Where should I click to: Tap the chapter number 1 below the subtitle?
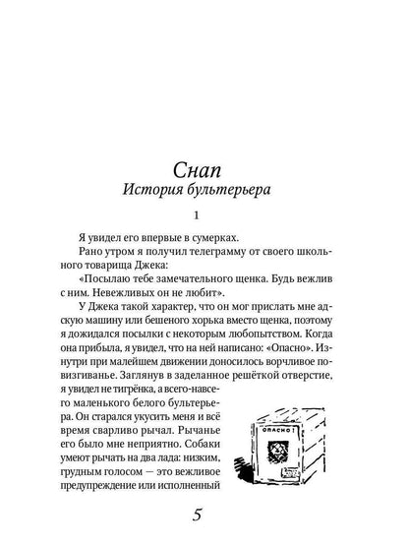[x=204, y=214]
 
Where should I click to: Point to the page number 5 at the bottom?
[x=204, y=514]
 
